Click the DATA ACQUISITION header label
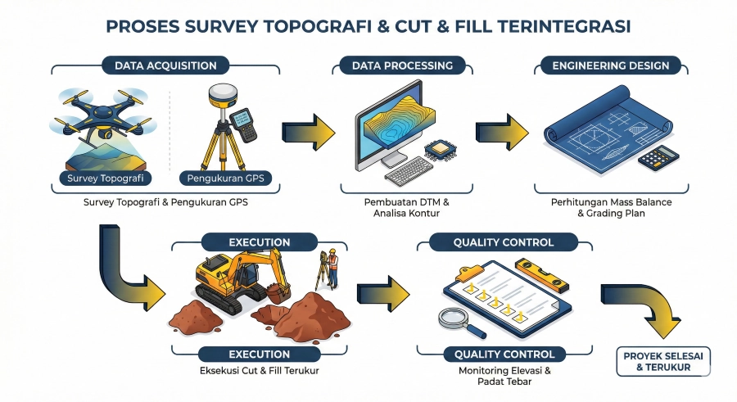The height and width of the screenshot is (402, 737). (x=165, y=65)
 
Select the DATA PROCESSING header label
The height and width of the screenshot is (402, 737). (x=402, y=65)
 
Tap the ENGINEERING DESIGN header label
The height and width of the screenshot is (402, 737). (x=611, y=65)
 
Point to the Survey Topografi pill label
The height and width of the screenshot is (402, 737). (x=102, y=178)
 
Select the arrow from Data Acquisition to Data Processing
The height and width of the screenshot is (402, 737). (x=308, y=129)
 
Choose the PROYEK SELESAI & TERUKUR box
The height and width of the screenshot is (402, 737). (x=662, y=361)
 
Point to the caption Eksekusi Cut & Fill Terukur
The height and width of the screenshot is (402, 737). (x=259, y=371)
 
